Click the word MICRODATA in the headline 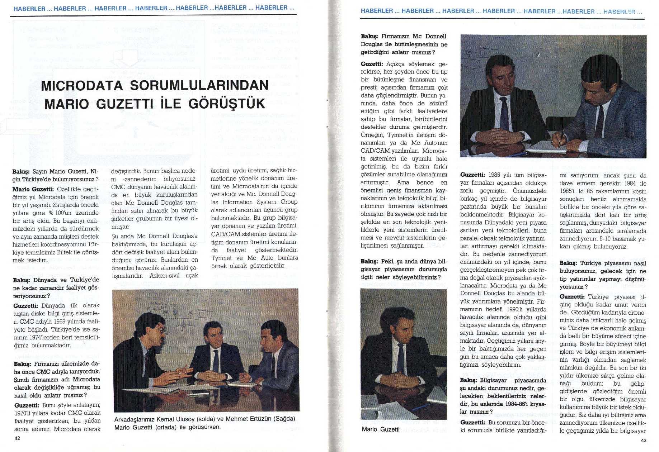pyautogui.click(x=82, y=86)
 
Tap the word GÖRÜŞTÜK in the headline pyautogui.click(x=227, y=104)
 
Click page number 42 pyautogui.click(x=17, y=438)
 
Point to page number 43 pyautogui.click(x=643, y=440)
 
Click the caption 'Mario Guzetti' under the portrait pyautogui.click(x=380, y=429)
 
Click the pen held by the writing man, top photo pyautogui.click(x=561, y=138)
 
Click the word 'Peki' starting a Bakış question pyautogui.click(x=387, y=261)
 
